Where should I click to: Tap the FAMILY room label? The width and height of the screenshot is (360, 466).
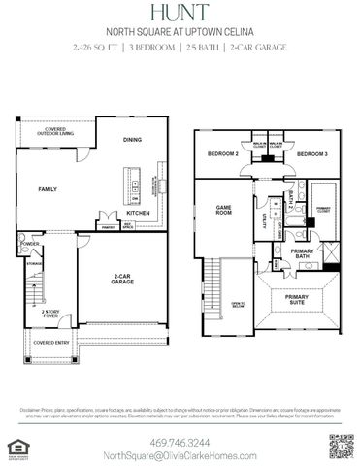pos(48,189)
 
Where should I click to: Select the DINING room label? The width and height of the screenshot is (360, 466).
pos(133,140)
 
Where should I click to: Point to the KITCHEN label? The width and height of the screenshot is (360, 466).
pos(138,213)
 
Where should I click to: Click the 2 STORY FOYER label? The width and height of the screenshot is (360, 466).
pos(51,314)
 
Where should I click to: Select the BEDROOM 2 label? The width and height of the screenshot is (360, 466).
pos(224,154)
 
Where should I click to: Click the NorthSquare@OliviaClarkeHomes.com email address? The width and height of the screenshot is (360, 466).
pos(180,455)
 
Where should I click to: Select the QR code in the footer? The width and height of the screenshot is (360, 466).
pos(341,447)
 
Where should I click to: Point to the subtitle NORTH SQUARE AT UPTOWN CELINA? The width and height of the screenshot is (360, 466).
pos(180,30)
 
